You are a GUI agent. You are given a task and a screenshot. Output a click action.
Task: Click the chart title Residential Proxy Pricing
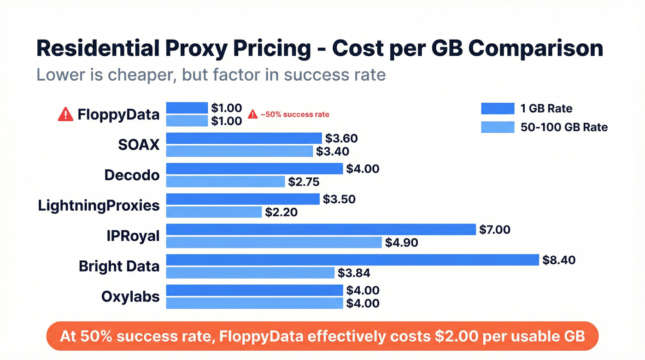(319, 48)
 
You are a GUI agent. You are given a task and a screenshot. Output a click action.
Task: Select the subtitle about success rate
(211, 74)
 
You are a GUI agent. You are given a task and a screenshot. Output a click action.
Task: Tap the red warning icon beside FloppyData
(65, 114)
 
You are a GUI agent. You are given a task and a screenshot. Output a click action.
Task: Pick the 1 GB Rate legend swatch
(497, 108)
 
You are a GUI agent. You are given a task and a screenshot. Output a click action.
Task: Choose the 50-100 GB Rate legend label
(564, 127)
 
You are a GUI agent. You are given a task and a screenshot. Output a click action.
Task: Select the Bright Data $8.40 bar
(352, 260)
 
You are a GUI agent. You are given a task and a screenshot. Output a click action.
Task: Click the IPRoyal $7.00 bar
(320, 230)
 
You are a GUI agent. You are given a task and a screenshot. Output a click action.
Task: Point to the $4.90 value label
(402, 242)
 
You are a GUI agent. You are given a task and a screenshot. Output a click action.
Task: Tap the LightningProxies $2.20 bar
(214, 212)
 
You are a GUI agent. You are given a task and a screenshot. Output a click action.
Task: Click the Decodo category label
(132, 175)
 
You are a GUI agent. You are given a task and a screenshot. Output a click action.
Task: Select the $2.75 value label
(304, 182)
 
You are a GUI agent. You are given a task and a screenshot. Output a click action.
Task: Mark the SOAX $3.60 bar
(244, 138)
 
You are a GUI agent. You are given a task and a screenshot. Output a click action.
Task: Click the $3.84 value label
(354, 273)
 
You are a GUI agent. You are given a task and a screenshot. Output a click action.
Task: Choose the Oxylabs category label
(130, 296)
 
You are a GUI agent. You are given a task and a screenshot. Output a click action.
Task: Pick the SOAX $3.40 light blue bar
(239, 151)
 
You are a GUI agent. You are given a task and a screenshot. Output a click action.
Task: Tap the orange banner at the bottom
(322, 336)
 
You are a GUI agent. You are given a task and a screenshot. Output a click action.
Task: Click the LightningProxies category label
(99, 206)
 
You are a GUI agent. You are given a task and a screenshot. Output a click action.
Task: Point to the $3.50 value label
(339, 199)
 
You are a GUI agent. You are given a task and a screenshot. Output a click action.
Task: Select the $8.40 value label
(559, 260)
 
